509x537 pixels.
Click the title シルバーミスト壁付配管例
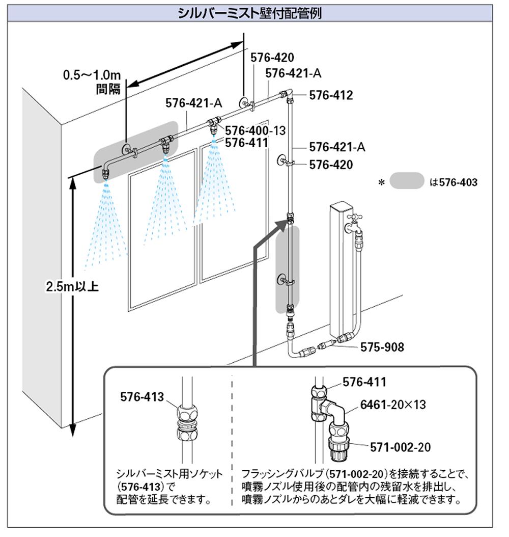(x=249, y=13)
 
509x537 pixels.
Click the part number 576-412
(x=331, y=95)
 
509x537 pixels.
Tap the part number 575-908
(x=382, y=347)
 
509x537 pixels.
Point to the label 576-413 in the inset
(x=143, y=396)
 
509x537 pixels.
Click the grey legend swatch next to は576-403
(x=407, y=181)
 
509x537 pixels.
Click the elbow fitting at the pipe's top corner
(x=286, y=94)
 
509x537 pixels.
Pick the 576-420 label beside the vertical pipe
(x=331, y=165)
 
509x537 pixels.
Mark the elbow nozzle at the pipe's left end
(x=106, y=171)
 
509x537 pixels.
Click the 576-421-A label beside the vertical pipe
(x=337, y=147)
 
